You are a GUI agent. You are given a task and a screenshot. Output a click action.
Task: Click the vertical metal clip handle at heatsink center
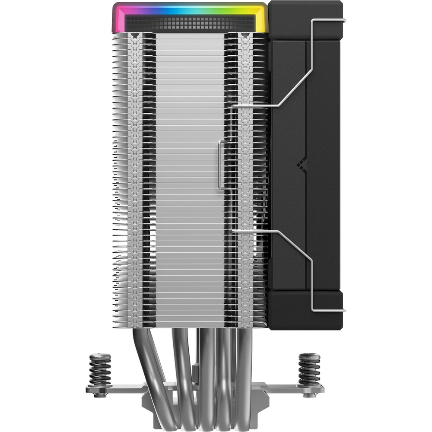tap(221, 165)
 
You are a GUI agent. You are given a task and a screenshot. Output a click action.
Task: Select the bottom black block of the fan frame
tap(305, 309)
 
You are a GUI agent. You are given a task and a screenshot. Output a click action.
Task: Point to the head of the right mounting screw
tap(309, 356)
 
